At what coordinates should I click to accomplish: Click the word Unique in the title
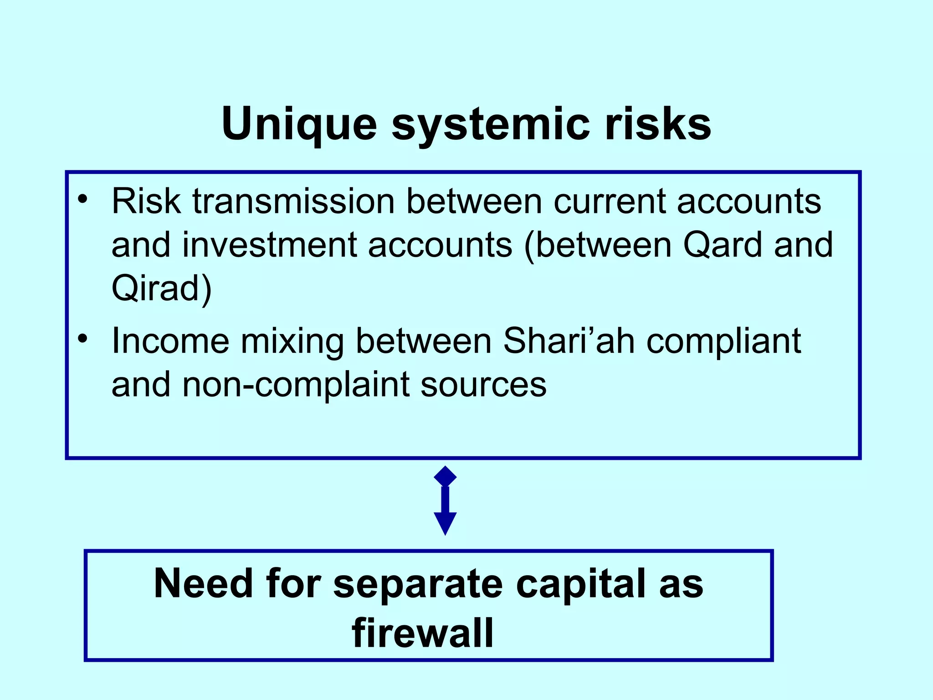[x=299, y=124]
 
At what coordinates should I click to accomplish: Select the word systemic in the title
[x=490, y=124]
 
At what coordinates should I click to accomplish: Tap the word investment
[x=269, y=245]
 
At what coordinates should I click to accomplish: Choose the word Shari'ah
[x=569, y=340]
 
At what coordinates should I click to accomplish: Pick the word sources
[x=483, y=384]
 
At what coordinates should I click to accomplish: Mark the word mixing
[x=292, y=340]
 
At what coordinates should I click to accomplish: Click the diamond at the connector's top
[x=445, y=477]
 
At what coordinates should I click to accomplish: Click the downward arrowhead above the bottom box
[x=445, y=522]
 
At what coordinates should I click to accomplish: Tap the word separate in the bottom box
[x=418, y=584]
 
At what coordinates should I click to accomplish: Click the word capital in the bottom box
[x=580, y=584]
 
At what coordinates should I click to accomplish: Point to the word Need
[x=203, y=584]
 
